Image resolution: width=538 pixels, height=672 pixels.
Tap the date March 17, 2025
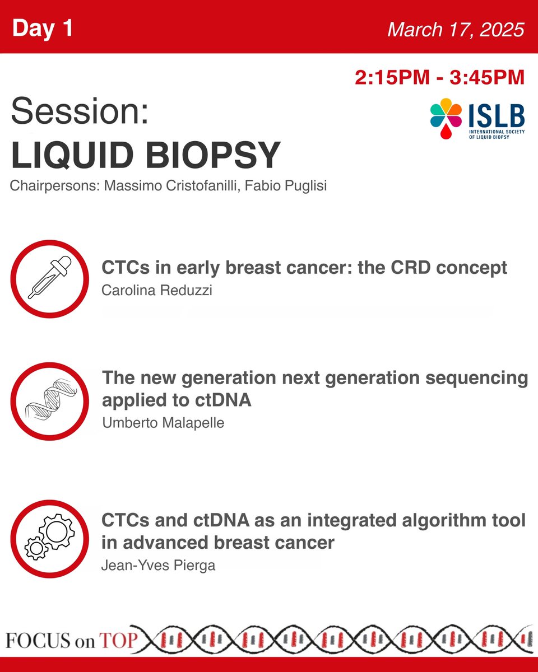point(456,30)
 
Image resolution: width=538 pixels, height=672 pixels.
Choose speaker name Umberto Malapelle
point(163,423)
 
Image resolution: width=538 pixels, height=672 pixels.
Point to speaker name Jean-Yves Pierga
point(158,565)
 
